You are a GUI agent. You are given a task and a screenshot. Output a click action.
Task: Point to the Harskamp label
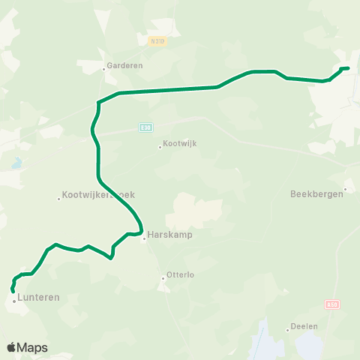pyautogui.click(x=166, y=233)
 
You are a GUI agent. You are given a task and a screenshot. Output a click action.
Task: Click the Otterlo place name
pyautogui.click(x=181, y=275)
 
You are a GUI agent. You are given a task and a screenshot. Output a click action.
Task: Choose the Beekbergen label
pyautogui.click(x=316, y=193)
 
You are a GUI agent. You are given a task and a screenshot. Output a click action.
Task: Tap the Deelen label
pyautogui.click(x=305, y=326)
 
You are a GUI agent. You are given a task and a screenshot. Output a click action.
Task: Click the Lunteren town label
pyautogui.click(x=38, y=298)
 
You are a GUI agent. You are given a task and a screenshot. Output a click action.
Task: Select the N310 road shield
pyautogui.click(x=156, y=40)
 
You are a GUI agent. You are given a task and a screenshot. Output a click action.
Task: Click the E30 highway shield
pyautogui.click(x=145, y=127)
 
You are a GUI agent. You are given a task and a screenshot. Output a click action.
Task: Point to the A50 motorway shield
pyautogui.click(x=332, y=304)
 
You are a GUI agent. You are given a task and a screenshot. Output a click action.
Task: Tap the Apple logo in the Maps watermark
pyautogui.click(x=11, y=347)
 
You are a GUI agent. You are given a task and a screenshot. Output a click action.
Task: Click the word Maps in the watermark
pyautogui.click(x=32, y=348)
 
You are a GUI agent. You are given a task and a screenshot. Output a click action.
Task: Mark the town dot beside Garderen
pyautogui.click(x=104, y=69)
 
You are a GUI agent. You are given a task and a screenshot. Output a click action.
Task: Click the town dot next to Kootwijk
pyautogui.click(x=160, y=147)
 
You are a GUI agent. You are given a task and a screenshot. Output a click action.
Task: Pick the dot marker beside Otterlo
pyautogui.click(x=163, y=279)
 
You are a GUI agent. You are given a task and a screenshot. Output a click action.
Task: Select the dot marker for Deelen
pyautogui.click(x=287, y=330)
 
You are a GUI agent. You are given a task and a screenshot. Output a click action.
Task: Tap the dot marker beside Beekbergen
pyautogui.click(x=345, y=189)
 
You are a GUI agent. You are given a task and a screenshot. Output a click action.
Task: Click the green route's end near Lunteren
pyautogui.click(x=13, y=291)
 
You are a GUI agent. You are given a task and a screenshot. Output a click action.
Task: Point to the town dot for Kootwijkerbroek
pyautogui.click(x=58, y=199)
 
